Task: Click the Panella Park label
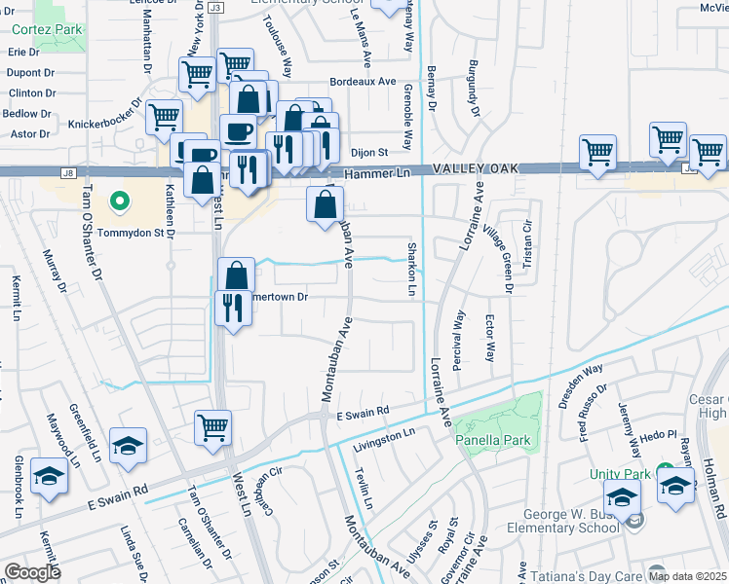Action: click(493, 441)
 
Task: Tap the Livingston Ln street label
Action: click(383, 431)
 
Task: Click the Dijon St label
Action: click(369, 152)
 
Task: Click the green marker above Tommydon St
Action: click(119, 201)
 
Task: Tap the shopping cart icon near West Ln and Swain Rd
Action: click(212, 426)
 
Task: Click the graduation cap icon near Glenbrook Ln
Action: click(49, 475)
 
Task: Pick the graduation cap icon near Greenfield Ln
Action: click(128, 445)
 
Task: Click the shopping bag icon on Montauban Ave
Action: click(325, 204)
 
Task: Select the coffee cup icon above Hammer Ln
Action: click(237, 131)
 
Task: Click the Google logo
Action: click(32, 571)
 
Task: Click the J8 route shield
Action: click(67, 173)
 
